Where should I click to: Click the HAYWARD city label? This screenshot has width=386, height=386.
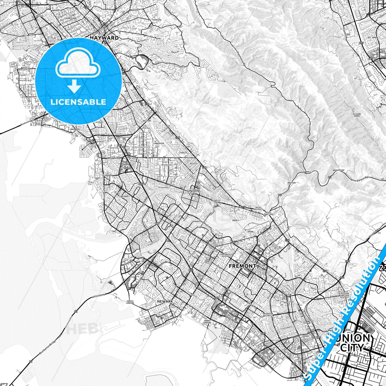104,38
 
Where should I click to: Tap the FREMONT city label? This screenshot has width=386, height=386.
243,266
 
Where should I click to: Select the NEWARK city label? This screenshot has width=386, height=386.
165,301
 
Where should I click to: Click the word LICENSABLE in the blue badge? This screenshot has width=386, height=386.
78,102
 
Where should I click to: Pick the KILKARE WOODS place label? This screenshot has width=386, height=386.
357,115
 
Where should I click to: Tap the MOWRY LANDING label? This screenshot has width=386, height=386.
207,321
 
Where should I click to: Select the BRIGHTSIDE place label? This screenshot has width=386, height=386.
338,170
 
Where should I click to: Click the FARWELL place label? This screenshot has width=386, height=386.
307,172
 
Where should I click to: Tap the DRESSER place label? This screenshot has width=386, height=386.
291,183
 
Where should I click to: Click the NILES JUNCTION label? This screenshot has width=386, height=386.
268,213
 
